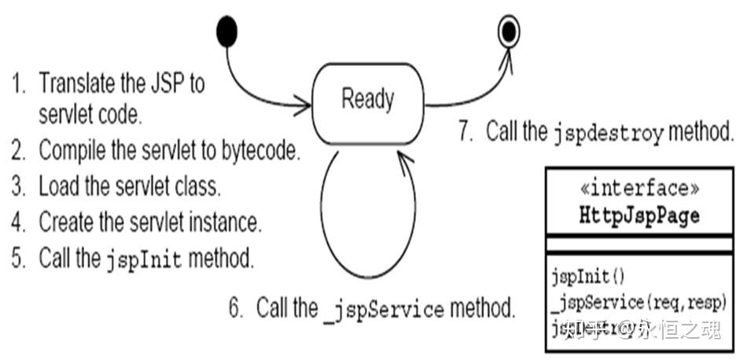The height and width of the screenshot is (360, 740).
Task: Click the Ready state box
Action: (x=368, y=101)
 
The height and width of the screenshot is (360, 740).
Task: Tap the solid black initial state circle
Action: (x=226, y=31)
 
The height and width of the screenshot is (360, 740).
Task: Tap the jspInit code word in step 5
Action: (x=144, y=259)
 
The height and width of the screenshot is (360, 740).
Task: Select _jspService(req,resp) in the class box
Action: (x=638, y=303)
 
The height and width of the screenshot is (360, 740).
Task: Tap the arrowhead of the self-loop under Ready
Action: (x=404, y=160)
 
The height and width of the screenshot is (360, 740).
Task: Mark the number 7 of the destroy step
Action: (x=465, y=130)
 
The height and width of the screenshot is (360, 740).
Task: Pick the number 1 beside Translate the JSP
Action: (x=17, y=83)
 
